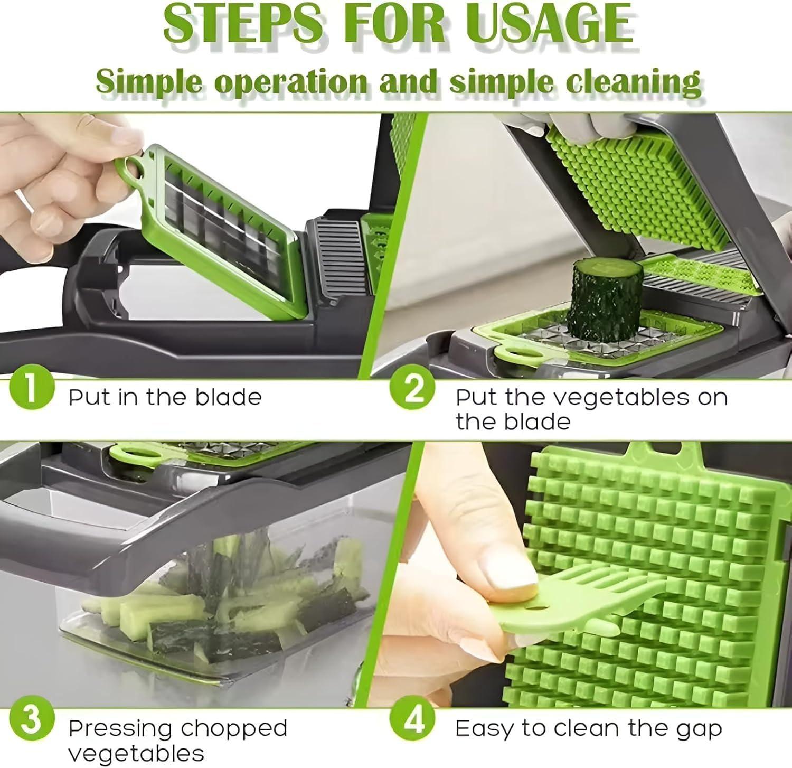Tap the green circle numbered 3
point(32,719)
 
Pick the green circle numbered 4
point(413,719)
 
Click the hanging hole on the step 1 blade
point(133,170)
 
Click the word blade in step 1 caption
point(228,397)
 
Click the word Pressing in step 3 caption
point(128,729)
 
